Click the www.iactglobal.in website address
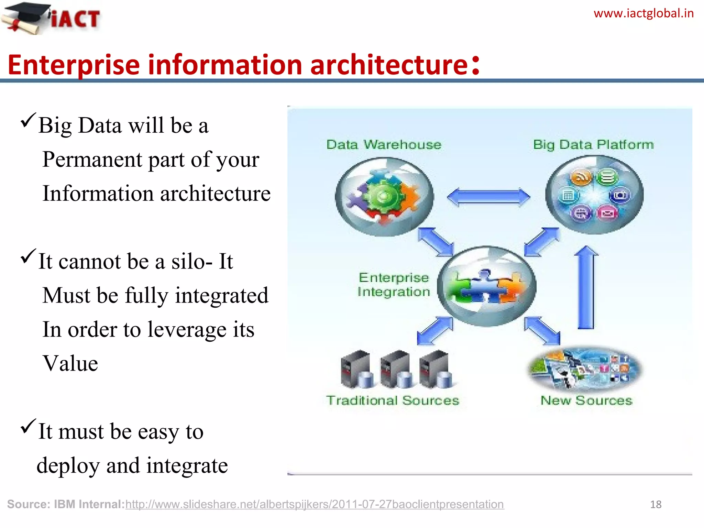[643, 14]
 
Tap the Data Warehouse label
[384, 145]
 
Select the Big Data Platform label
[593, 145]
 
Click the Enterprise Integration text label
[394, 285]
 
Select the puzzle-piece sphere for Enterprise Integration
[486, 286]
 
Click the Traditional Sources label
[393, 400]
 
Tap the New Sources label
[586, 400]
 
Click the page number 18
[656, 504]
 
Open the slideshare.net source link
[314, 504]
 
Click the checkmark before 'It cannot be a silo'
[28, 256]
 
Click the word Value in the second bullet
[70, 363]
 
